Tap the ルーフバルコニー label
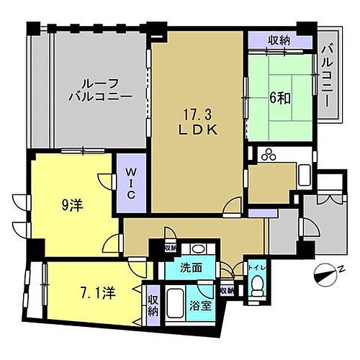coord(100,88)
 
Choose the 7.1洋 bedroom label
coord(96,294)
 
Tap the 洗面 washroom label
coord(192,268)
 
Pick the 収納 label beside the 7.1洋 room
coord(153,304)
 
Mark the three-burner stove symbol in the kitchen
coord(270,154)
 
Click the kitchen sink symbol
coord(303,174)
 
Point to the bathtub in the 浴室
coord(174,307)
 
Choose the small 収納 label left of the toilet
coord(227,290)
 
